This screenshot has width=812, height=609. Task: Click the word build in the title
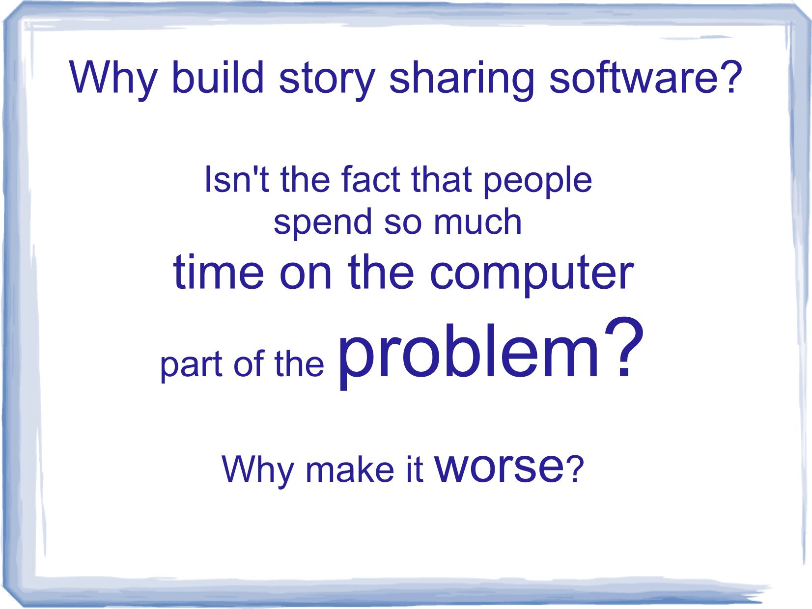pyautogui.click(x=218, y=77)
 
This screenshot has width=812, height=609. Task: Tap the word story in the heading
pyautogui.click(x=327, y=81)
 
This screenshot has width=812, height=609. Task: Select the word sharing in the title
pyautogui.click(x=462, y=81)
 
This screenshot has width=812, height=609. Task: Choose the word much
pyautogui.click(x=477, y=221)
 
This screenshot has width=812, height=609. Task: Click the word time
pyautogui.click(x=219, y=272)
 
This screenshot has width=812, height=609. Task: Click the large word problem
pyautogui.click(x=468, y=354)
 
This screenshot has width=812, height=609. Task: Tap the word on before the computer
pyautogui.click(x=306, y=276)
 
